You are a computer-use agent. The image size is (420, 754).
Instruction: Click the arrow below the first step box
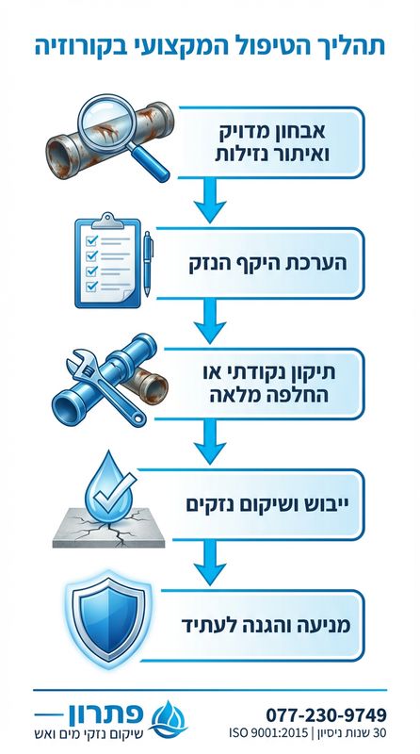[x=209, y=197]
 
